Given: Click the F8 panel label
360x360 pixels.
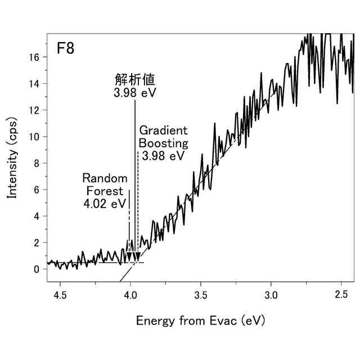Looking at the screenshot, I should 65,48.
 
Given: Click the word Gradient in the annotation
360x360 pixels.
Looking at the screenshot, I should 164,130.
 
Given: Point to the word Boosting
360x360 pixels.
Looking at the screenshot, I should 163,143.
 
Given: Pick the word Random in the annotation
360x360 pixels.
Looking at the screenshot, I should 105,178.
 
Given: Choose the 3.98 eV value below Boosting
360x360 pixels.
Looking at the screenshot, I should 163,156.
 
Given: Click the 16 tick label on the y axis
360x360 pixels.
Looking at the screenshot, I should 35,57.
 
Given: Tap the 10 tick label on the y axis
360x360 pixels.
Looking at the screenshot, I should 35,137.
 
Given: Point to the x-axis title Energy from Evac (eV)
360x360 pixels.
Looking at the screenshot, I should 200,321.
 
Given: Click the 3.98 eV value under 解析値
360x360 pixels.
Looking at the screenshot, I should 133,92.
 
